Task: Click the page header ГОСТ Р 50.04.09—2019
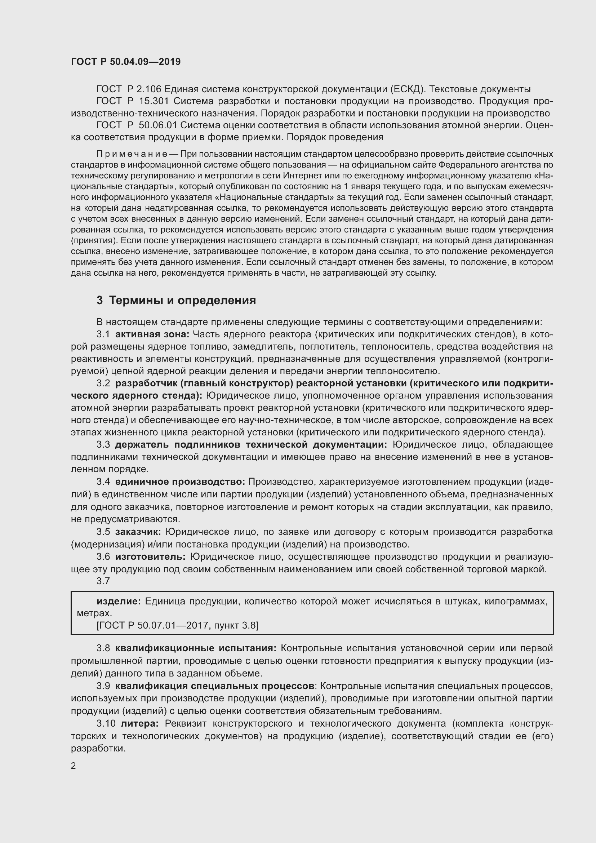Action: pos(125,62)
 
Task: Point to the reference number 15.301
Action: pos(154,101)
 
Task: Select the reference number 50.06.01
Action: pos(158,125)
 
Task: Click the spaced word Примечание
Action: pos(132,154)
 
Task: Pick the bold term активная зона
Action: pos(152,334)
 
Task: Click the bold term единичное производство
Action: pos(180,482)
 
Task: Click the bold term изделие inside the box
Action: pos(119,602)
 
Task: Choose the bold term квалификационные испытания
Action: pos(196,648)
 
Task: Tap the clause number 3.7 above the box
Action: pos(103,581)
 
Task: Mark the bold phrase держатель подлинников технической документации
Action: pos(251,445)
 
